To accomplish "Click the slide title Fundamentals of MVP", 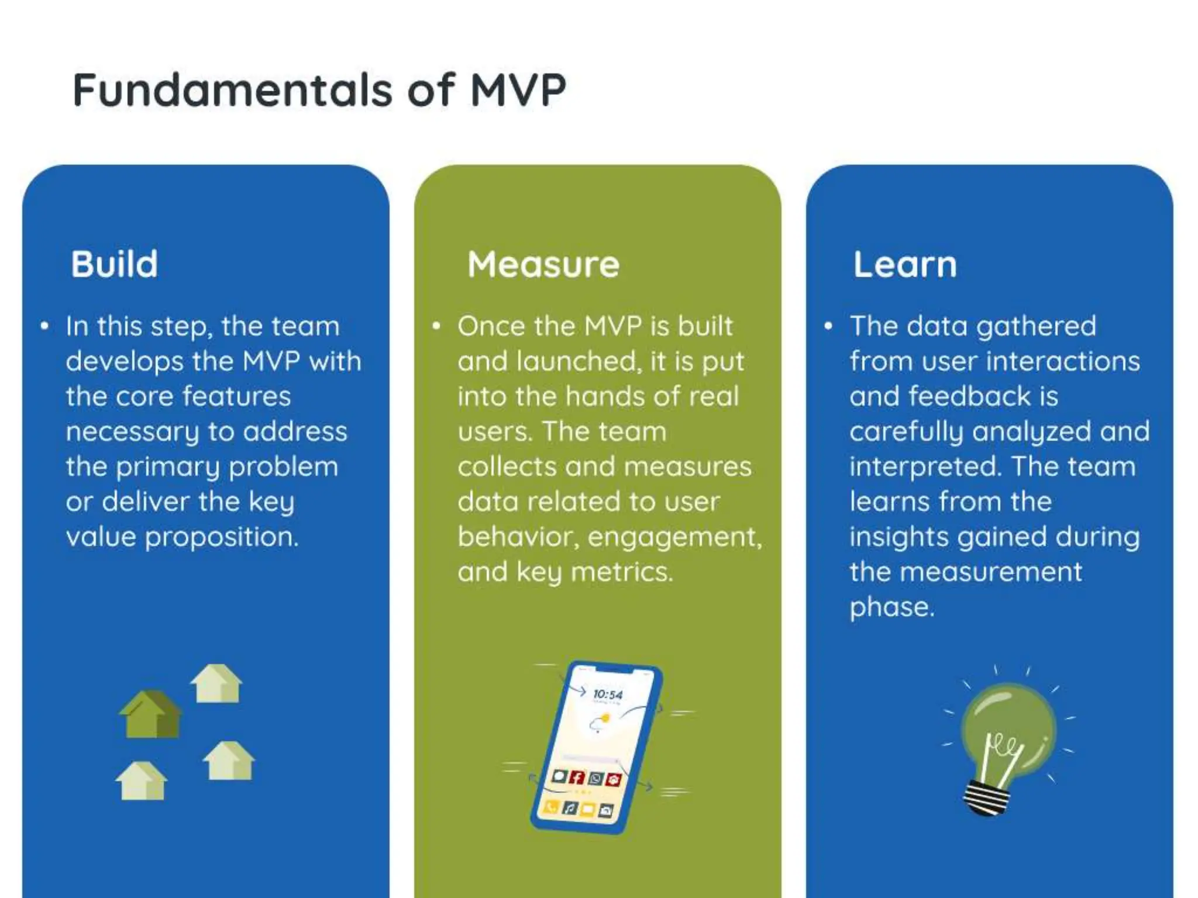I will click(319, 90).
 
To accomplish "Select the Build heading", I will click(114, 264).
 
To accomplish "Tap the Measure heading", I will click(543, 264).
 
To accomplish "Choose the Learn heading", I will click(904, 264).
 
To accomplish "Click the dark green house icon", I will click(150, 714).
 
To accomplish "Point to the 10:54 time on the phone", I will click(607, 695).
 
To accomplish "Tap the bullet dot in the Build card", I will click(44, 326).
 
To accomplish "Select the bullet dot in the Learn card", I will click(828, 326).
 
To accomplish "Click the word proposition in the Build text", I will click(222, 537).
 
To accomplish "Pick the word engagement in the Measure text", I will click(674, 537).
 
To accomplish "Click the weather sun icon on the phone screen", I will click(605, 718).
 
